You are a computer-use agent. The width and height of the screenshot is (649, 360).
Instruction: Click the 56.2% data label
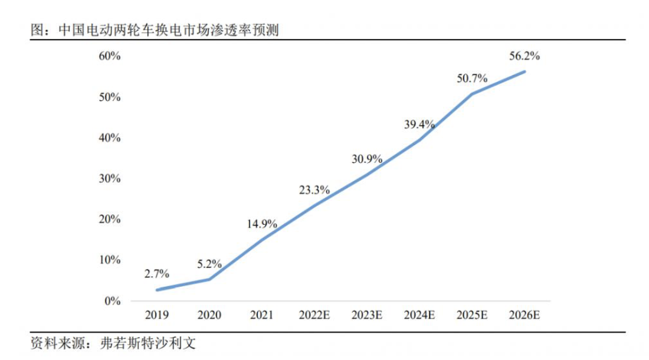click(x=524, y=57)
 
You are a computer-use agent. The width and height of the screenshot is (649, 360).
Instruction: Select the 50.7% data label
click(x=471, y=78)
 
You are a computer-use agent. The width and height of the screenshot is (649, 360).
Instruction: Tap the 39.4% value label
click(x=419, y=124)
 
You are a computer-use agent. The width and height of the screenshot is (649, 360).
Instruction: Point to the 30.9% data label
click(x=366, y=159)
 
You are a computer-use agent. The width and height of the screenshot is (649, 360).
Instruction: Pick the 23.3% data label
click(x=314, y=190)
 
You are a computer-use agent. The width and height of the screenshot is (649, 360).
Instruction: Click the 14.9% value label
click(x=261, y=224)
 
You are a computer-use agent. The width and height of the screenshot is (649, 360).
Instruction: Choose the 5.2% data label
click(x=209, y=264)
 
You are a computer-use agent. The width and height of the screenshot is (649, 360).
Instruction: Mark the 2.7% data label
click(x=156, y=274)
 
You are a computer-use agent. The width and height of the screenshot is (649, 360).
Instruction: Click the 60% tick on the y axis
click(x=110, y=57)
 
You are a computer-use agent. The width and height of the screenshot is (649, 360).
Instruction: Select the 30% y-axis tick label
click(x=110, y=179)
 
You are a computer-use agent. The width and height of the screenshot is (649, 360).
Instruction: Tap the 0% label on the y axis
click(x=112, y=301)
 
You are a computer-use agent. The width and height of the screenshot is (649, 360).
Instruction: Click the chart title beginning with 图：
click(x=154, y=30)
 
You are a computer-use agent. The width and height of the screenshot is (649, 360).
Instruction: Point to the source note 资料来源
click(x=112, y=343)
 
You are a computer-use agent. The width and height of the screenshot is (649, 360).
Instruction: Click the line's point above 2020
click(x=209, y=279)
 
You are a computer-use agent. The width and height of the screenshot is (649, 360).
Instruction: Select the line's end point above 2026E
click(x=525, y=71)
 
